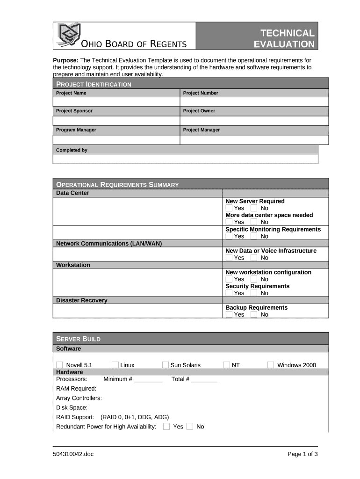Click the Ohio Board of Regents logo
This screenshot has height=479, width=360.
69,34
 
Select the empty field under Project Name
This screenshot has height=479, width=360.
116,102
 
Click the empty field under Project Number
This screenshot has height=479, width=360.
254,102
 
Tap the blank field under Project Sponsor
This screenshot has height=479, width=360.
116,121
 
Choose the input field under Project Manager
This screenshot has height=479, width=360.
254,139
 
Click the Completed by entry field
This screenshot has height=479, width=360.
185,159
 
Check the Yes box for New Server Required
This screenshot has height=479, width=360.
229,208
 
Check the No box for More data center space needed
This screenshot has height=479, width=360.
254,222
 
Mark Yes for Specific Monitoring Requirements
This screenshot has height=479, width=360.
229,236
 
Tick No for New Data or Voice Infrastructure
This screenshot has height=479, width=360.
254,258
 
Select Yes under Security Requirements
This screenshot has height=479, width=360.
229,293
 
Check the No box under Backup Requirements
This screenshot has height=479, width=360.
254,314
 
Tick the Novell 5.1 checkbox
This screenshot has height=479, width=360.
59,365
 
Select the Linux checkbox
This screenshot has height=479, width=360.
115,365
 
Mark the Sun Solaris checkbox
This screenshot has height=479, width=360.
166,365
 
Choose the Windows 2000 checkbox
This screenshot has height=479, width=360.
271,365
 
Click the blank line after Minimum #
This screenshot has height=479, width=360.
148,379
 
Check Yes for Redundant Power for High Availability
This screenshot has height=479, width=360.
166,426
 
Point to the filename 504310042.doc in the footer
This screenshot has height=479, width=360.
73,454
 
